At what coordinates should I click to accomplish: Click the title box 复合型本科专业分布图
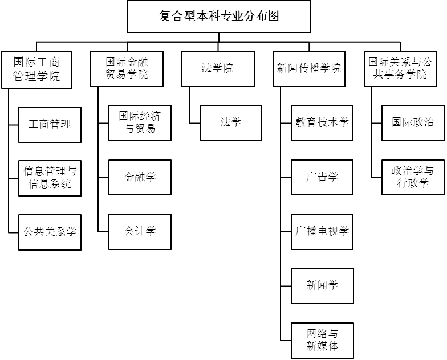(x=219, y=16)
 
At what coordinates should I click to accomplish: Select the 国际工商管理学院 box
(x=36, y=69)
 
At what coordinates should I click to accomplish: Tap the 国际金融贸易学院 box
(x=127, y=69)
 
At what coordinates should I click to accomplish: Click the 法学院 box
(x=218, y=69)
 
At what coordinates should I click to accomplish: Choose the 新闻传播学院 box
(x=309, y=69)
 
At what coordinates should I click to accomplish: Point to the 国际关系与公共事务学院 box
(x=400, y=69)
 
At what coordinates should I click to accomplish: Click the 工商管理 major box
(x=50, y=124)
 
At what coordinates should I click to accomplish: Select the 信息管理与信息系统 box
(x=50, y=178)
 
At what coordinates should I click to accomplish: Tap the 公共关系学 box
(x=50, y=232)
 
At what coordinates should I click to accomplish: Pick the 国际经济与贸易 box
(x=140, y=122)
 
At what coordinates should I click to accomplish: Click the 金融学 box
(x=140, y=177)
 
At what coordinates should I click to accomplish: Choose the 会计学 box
(x=140, y=231)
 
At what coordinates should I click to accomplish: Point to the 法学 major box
(x=230, y=122)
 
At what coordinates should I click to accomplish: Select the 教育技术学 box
(x=322, y=122)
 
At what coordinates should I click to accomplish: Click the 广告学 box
(x=322, y=177)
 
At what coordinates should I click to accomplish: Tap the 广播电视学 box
(x=322, y=231)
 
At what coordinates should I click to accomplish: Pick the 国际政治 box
(x=413, y=122)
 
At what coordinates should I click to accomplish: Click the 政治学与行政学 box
(x=413, y=177)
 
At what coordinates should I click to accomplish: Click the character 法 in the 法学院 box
(x=207, y=69)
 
